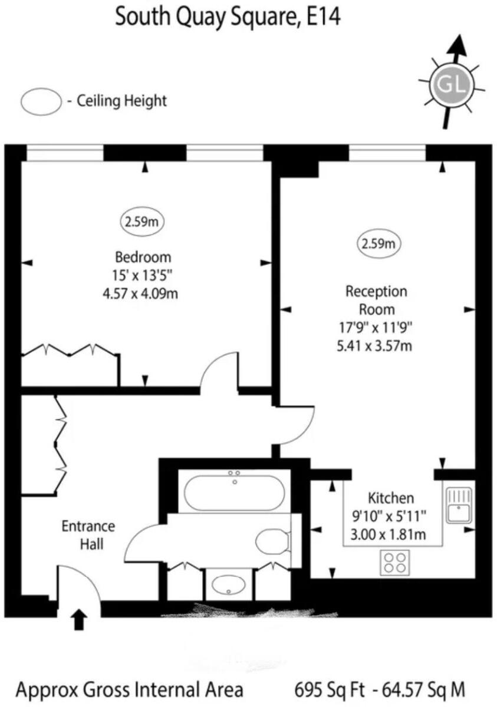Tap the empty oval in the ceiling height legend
click(x=41, y=101)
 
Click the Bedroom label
click(x=143, y=257)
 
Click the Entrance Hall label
click(x=88, y=534)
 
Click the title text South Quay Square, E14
click(x=228, y=17)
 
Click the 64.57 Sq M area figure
click(x=423, y=689)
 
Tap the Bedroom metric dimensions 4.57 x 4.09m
click(x=140, y=293)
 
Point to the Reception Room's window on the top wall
click(x=387, y=153)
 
